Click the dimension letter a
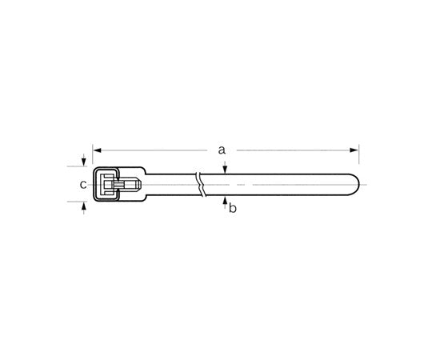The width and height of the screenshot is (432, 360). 222,149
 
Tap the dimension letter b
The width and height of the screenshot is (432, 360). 232,209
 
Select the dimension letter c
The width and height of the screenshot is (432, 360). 82,185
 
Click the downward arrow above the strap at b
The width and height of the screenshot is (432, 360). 226,168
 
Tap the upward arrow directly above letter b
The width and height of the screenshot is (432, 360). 226,200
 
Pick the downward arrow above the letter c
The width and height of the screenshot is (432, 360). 83,162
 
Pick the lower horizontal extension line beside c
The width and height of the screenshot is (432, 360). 77,202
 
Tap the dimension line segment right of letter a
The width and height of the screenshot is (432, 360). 288,149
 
